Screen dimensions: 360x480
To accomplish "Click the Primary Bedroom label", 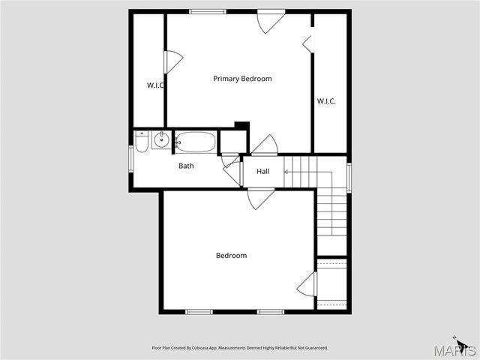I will pyautogui.click(x=242, y=79).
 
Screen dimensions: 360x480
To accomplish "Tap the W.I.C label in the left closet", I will pyautogui.click(x=155, y=85).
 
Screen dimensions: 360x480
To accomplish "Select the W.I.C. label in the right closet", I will pyautogui.click(x=326, y=101).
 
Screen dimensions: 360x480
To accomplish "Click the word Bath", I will pyautogui.click(x=186, y=166).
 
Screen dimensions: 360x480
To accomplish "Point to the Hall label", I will pyautogui.click(x=263, y=172).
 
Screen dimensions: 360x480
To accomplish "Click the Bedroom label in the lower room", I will pyautogui.click(x=231, y=256).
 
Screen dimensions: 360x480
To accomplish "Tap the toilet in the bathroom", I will pyautogui.click(x=142, y=141).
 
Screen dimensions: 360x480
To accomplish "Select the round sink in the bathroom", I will pyautogui.click(x=160, y=139).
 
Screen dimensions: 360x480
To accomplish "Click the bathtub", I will pyautogui.click(x=196, y=142).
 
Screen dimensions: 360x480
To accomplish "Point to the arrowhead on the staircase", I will pyautogui.click(x=286, y=172).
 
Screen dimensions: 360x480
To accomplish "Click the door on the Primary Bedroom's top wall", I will pyautogui.click(x=270, y=21).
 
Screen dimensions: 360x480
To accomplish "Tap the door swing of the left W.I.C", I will pyautogui.click(x=173, y=61).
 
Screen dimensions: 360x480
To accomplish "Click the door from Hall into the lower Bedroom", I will pyautogui.click(x=260, y=199).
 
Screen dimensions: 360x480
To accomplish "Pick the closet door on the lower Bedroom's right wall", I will pyautogui.click(x=307, y=284).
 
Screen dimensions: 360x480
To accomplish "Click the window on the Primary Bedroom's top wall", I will pyautogui.click(x=208, y=11).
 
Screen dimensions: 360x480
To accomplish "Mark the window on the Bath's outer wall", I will pyautogui.click(x=130, y=158).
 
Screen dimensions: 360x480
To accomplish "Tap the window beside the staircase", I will pyautogui.click(x=349, y=177).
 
